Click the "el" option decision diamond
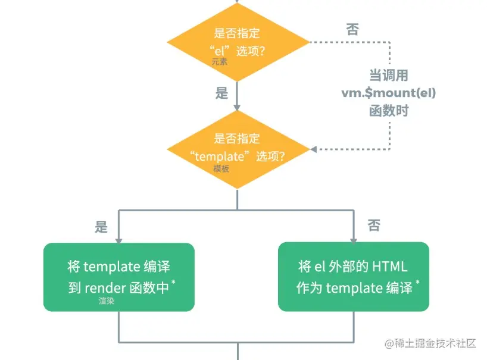(238, 42)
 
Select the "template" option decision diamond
(238, 149)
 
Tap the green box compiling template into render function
(119, 277)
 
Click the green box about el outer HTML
(354, 277)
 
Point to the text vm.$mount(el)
(388, 93)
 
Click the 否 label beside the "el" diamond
(352, 30)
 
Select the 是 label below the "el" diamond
(221, 93)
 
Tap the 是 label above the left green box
(101, 226)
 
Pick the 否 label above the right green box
(374, 225)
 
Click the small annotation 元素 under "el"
(219, 61)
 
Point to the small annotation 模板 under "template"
(221, 169)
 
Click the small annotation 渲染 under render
(107, 301)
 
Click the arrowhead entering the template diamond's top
(238, 107)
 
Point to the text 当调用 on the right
(388, 76)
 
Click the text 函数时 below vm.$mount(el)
(388, 111)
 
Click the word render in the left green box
(105, 287)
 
